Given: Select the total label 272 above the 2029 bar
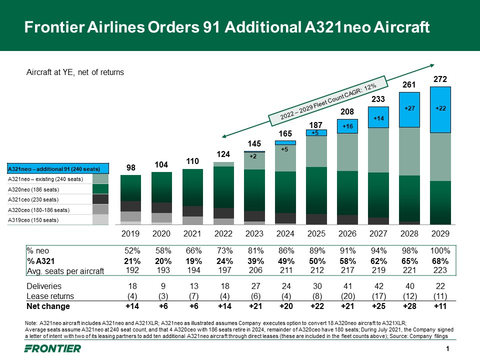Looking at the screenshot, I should point(440,79).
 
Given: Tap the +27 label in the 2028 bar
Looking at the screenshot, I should point(409,107).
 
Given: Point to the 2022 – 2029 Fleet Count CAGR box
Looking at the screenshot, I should point(328,101).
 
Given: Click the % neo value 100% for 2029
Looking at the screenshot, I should point(440,250).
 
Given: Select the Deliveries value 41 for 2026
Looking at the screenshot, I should point(348,286).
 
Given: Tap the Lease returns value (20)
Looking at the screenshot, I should point(348,296).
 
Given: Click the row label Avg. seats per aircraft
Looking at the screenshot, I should point(65,271).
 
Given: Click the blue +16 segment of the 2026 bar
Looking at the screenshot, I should point(348,127).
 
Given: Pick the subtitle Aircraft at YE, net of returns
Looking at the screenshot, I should point(74,72).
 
